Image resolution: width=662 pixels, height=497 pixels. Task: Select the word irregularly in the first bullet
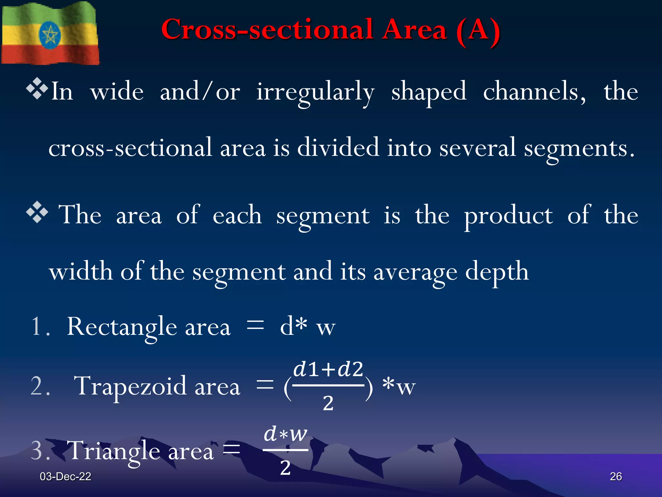pos(315,92)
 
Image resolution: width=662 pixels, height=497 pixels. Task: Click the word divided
pos(338,148)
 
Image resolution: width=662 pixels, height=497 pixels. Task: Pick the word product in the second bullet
pos(508,215)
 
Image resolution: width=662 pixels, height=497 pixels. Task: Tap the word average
pos(415,271)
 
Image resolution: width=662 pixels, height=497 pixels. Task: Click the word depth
pos(497,271)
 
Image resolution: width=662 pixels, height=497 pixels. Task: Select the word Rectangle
pos(122,327)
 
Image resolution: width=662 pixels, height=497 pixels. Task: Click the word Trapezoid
pos(130,386)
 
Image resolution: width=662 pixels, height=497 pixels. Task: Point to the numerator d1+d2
pos(328,369)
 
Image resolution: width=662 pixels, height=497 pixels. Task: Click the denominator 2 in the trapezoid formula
pos(328,403)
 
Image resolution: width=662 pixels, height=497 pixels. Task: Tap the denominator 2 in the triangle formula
pos(285,468)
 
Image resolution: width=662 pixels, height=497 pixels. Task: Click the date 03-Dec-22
pos(65,476)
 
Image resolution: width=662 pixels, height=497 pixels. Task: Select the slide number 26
pos(616,476)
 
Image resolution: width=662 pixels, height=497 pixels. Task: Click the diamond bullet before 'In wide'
pos(37,88)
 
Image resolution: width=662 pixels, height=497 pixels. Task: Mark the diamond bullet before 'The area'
pos(37,212)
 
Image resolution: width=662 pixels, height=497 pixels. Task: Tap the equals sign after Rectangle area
pos(255,325)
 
